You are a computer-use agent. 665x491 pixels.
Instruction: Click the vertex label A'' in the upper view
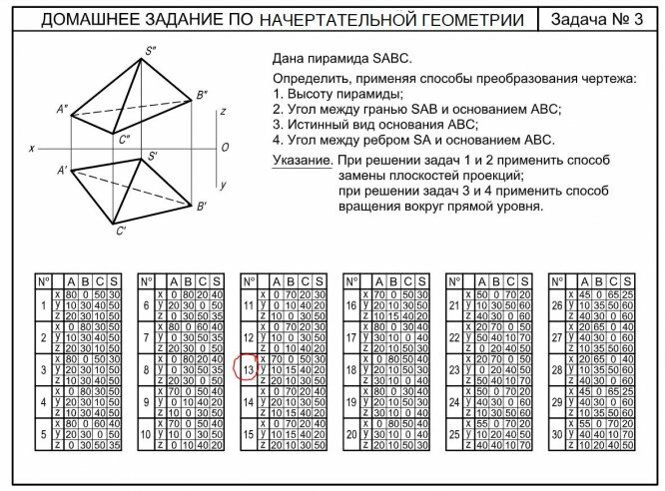pos(61,109)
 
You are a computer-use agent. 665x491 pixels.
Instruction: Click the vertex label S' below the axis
pos(153,157)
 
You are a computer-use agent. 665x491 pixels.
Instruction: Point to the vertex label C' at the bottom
pos(120,233)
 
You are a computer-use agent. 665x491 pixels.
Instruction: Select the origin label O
pos(225,148)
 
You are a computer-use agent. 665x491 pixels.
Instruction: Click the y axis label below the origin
pos(224,185)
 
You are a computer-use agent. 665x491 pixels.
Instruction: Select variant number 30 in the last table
pos(557,435)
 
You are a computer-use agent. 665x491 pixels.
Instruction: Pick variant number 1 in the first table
pos(44,305)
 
